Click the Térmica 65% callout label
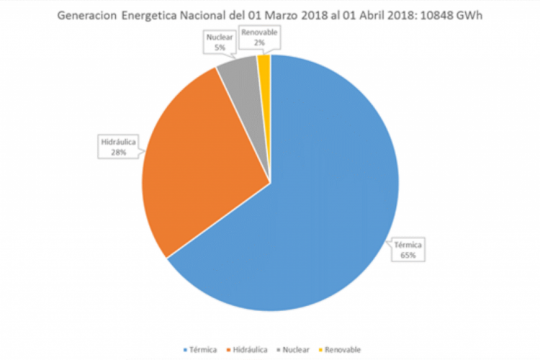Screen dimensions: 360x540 (x=406, y=249)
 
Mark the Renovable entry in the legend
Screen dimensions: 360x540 (x=343, y=349)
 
